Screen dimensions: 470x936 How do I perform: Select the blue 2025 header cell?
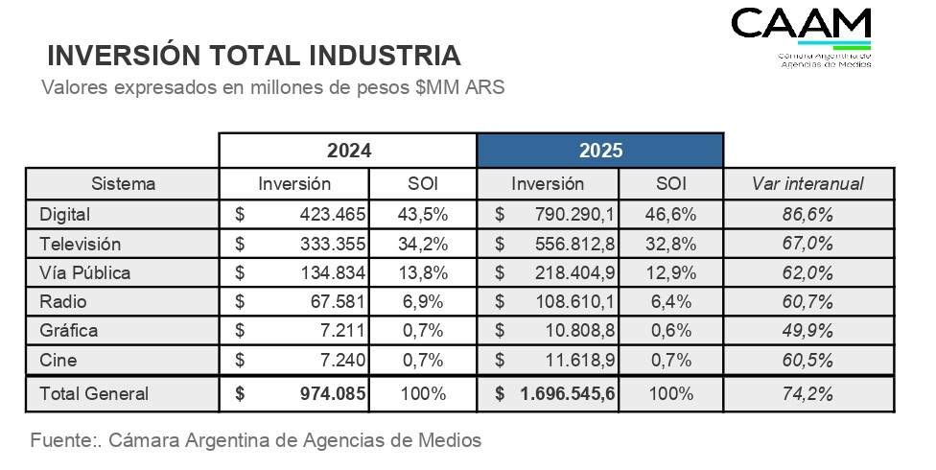600,151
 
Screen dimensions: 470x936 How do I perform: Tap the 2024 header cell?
348,151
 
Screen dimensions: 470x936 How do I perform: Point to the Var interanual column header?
807,183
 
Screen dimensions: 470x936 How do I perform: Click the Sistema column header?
123,183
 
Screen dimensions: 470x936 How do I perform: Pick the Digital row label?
65,213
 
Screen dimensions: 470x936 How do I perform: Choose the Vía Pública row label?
85,272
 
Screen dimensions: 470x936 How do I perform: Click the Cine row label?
58,361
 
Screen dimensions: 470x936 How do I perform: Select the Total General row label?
94,393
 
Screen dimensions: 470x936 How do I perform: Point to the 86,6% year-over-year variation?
808,213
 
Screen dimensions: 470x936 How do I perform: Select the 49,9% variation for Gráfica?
808,331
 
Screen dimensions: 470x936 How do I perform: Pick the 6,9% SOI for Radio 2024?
422,302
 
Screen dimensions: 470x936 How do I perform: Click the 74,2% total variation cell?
808,393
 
